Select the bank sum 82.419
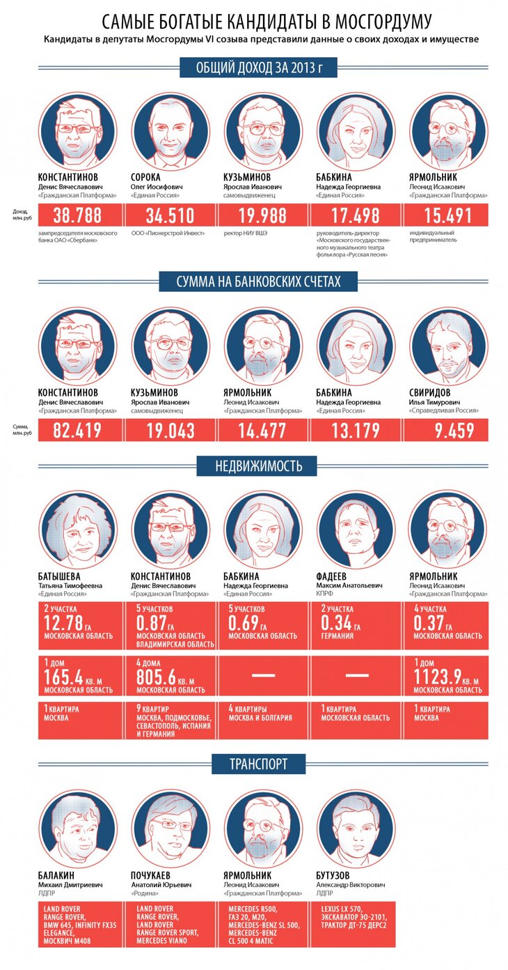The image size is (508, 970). coord(77,431)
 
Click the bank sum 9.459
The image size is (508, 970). coord(449,431)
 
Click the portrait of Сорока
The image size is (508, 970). coord(170,131)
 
